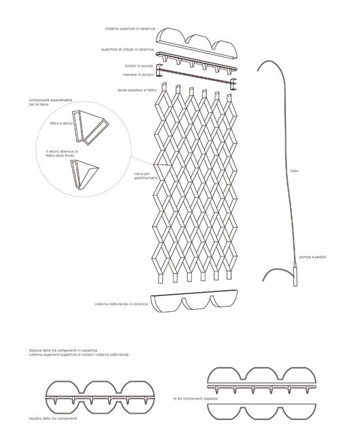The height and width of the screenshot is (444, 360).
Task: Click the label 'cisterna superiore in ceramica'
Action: (130, 29)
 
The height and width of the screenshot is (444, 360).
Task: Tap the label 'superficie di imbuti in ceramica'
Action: (128, 49)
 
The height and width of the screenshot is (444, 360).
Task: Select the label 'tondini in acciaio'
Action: (139, 66)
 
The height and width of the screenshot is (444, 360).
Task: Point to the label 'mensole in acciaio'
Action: (138, 75)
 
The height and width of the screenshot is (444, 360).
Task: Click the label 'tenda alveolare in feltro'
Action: (137, 90)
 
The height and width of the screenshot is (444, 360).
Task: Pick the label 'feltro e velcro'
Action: (61, 124)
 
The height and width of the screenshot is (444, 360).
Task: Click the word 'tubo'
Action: (295, 171)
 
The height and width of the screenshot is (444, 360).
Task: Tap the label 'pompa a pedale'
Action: (312, 257)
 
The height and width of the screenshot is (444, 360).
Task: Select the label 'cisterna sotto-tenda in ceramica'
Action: (121, 304)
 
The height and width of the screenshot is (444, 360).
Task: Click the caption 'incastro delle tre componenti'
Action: (53, 418)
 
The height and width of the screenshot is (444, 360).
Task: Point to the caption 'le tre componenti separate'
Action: (196, 399)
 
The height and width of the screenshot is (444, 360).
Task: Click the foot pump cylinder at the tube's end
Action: (295, 274)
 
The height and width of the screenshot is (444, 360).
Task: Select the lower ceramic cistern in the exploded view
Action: (194, 301)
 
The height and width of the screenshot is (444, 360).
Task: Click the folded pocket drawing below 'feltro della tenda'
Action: (84, 174)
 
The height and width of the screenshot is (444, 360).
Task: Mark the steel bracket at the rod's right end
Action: (233, 84)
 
